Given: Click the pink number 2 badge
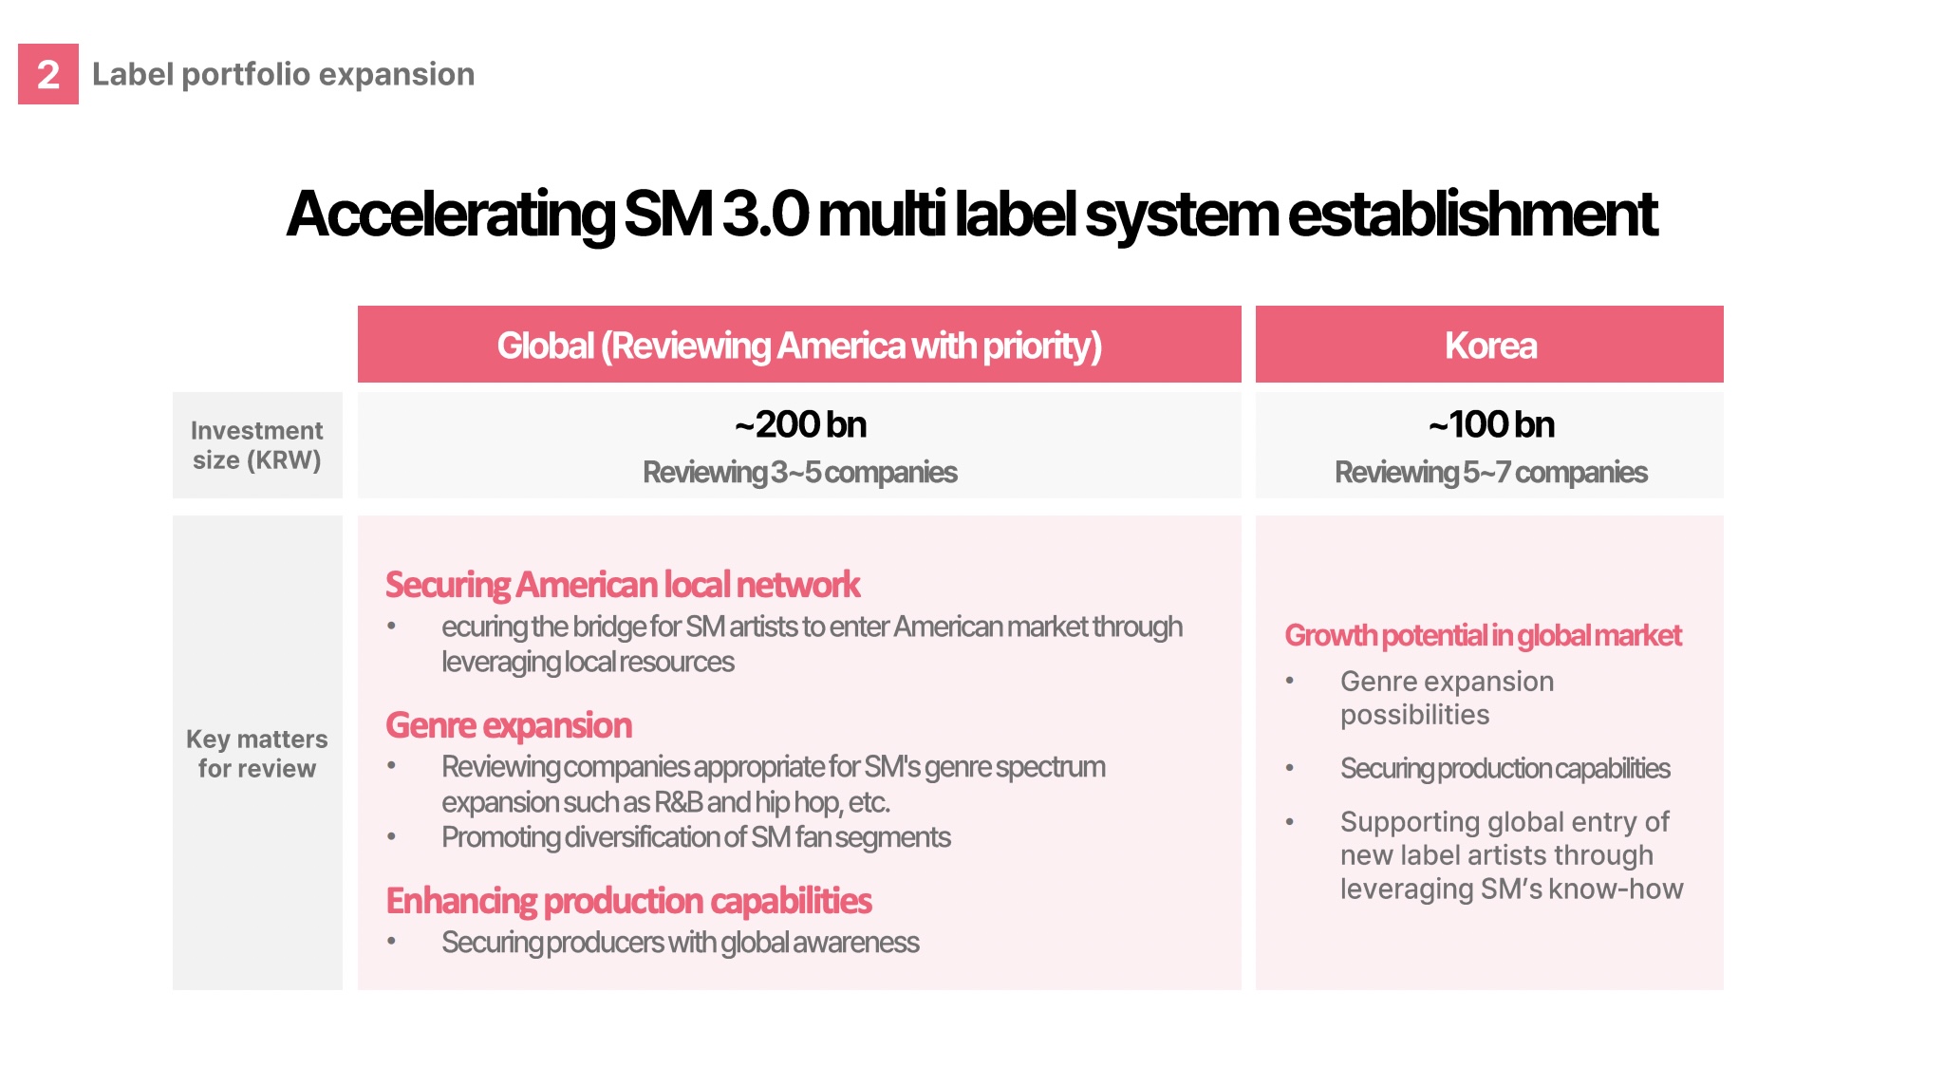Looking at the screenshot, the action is (x=48, y=74).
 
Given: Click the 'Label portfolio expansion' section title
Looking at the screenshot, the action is (x=283, y=74).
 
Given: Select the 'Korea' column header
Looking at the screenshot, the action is (x=1490, y=345).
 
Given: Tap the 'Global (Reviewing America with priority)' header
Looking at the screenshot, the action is (x=799, y=346).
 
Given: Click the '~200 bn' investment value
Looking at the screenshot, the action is (x=800, y=424).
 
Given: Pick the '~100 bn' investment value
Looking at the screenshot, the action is (x=1490, y=424).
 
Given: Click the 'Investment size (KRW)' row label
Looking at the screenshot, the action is (x=257, y=445).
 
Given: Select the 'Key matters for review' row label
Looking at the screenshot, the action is (x=257, y=754).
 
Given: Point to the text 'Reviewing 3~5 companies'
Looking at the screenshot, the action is (x=799, y=472).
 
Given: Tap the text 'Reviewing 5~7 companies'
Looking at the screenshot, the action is (x=1490, y=472).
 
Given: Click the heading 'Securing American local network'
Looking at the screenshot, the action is (x=623, y=585).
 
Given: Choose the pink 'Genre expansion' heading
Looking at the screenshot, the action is (x=509, y=725).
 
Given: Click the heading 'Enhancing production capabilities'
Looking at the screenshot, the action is (x=628, y=901).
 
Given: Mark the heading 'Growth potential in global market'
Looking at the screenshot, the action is (x=1483, y=635).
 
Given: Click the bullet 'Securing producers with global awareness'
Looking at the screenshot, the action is (x=681, y=943).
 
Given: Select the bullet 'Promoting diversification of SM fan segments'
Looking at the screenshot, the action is (x=696, y=837).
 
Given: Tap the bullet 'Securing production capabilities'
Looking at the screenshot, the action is (x=1505, y=768).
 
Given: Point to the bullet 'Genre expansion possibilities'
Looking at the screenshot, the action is (x=1448, y=698).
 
